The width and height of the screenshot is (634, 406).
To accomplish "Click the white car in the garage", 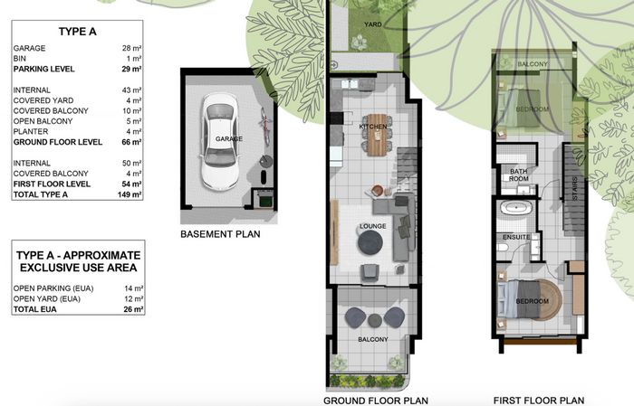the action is (220, 142).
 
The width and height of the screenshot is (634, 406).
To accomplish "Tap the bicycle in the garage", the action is (264, 125).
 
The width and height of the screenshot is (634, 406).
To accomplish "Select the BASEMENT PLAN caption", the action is (220, 234).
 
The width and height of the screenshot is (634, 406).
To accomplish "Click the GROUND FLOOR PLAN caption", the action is (376, 401).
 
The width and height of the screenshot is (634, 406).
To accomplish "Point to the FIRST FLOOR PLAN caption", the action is (539, 401).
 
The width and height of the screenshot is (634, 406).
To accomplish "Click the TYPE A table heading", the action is (77, 32).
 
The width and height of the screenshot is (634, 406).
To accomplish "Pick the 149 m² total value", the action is (130, 194).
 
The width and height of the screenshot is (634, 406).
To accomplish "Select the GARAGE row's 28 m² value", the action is (132, 48).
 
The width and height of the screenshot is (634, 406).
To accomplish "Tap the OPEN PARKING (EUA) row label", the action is (53, 288).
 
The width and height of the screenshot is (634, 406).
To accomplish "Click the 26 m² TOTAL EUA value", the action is (133, 309).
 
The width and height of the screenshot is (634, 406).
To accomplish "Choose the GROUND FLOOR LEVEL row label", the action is (58, 142).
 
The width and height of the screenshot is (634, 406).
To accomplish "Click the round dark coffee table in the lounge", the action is (370, 241).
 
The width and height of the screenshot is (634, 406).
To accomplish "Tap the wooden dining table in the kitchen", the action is (378, 135).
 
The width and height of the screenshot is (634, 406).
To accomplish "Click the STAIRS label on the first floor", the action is (575, 188).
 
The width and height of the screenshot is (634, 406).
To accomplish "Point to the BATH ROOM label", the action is (519, 175).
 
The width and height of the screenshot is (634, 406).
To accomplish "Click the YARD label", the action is (373, 24).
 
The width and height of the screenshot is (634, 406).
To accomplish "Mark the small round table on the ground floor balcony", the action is (375, 320).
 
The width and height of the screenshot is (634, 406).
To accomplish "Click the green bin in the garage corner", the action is (265, 201).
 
